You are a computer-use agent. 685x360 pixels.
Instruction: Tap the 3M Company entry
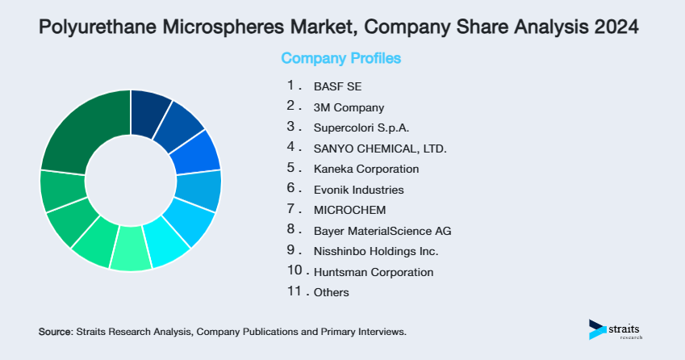[349, 107]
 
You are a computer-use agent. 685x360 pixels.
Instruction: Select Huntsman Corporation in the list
[373, 272]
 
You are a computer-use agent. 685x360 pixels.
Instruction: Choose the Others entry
[331, 293]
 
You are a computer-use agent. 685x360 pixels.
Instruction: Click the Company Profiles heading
[340, 58]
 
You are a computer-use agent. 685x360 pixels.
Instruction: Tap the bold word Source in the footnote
[55, 332]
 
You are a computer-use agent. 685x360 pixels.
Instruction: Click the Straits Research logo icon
[597, 329]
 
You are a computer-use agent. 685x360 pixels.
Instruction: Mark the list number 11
[294, 292]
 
